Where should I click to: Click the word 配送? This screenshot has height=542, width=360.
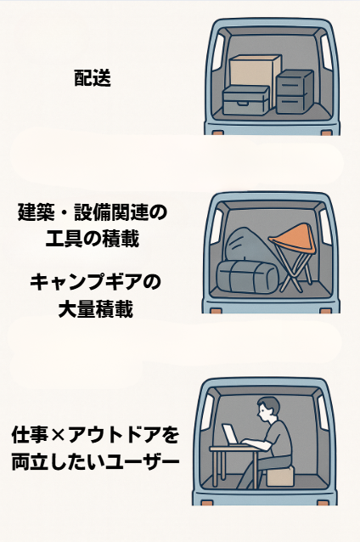coord(93,80)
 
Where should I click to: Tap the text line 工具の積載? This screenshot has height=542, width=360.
coord(92,239)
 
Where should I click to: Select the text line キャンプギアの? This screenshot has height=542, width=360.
coord(93,281)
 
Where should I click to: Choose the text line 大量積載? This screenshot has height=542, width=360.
coord(93,308)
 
